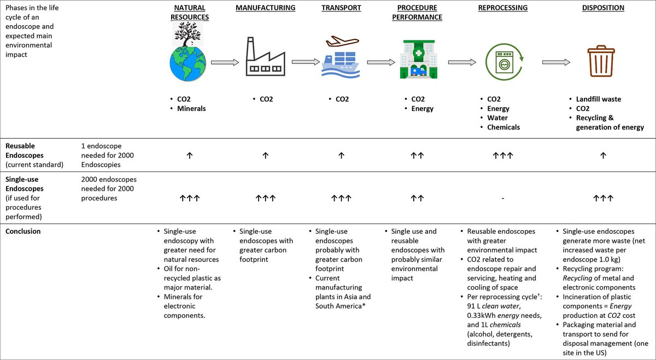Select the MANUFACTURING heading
265,8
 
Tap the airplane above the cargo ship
341,42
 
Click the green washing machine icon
502,62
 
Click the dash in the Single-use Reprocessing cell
502,198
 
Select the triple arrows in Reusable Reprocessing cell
502,156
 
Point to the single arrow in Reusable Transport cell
341,156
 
